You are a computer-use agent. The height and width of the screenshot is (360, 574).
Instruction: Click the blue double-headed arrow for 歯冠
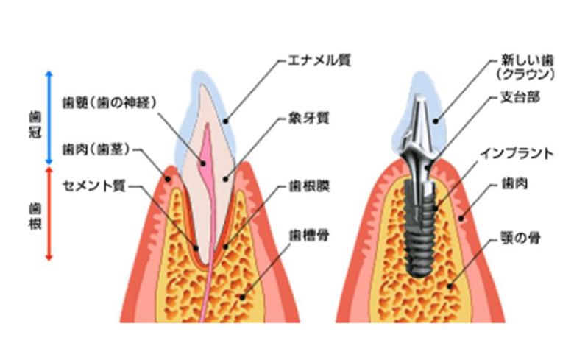[49, 118]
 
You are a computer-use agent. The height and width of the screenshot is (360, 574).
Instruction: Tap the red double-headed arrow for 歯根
[49, 213]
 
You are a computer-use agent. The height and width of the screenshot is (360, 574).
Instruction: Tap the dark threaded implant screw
[420, 228]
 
